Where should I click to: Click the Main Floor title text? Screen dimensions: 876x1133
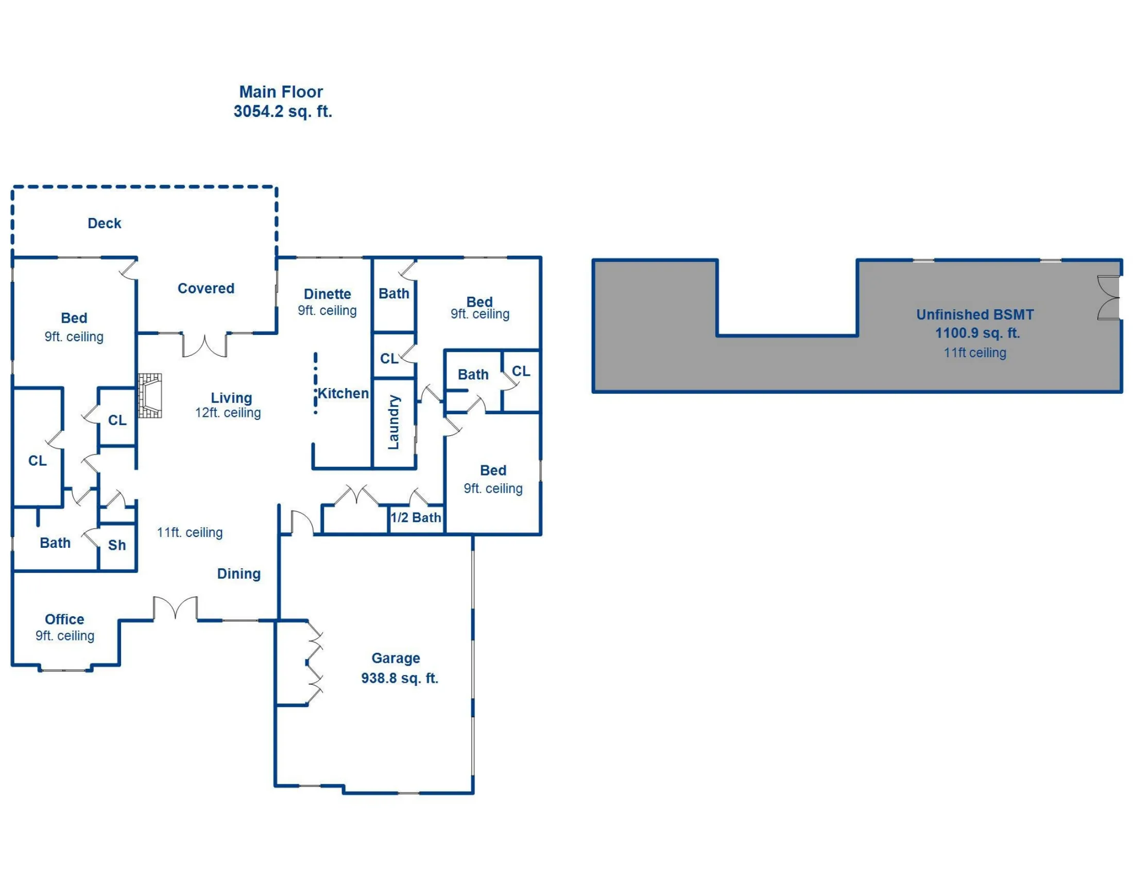coord(281,92)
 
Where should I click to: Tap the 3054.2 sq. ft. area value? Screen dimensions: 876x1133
coord(283,112)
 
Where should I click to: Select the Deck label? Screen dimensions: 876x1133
coord(104,223)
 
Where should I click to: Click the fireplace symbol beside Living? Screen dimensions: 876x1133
coord(150,395)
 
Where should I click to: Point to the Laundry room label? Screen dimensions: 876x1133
coord(394,422)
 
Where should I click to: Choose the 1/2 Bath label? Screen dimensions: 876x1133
coord(416,517)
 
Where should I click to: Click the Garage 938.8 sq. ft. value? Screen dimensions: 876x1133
coord(400,678)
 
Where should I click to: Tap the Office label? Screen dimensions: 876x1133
coord(64,619)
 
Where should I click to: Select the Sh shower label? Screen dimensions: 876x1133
coord(117,545)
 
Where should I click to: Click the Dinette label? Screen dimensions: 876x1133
coord(328,294)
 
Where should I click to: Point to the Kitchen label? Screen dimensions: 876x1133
coord(343,393)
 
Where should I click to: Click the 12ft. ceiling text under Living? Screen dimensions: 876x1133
coord(228,413)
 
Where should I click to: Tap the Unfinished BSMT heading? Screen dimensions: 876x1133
coord(975,314)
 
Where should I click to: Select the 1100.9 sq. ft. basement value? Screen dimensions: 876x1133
coord(977,333)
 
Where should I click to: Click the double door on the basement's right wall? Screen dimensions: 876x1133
coord(1109,298)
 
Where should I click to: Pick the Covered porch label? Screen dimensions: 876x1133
coord(206,289)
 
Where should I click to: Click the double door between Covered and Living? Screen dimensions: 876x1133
coord(204,346)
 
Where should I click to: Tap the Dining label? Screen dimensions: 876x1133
coord(238,574)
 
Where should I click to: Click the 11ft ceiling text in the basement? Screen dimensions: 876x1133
coord(975,353)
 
